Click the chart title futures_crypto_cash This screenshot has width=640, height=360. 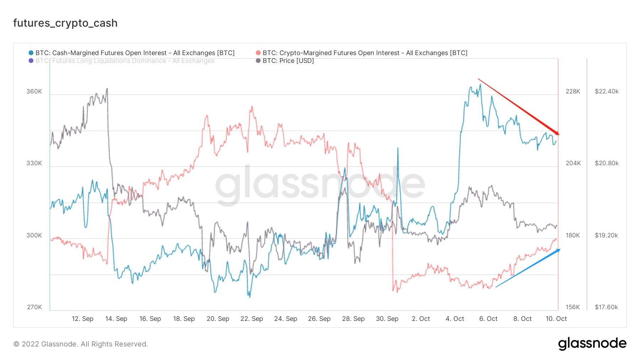(x=65, y=23)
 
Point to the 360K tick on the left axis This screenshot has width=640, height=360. (x=34, y=91)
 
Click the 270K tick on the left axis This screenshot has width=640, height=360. (x=34, y=307)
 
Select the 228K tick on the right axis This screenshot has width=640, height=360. (x=573, y=91)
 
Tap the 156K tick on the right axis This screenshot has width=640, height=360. (x=573, y=307)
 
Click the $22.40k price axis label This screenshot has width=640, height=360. (x=607, y=91)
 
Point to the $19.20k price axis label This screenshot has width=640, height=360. (x=607, y=235)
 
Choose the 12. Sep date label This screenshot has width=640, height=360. (x=82, y=319)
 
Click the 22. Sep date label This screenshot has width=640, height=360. (x=252, y=319)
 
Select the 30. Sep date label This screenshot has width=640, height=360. (x=387, y=319)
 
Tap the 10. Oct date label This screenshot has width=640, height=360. (x=556, y=319)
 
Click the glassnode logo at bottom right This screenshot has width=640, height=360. (x=592, y=344)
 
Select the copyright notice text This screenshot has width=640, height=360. (x=81, y=344)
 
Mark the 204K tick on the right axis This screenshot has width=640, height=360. (x=573, y=163)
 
